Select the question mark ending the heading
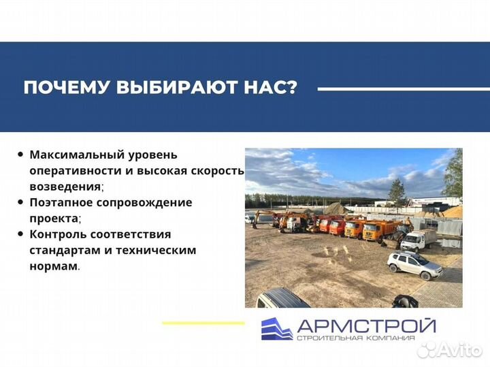point(291,89)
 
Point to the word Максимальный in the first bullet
point(75,155)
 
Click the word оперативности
point(70,171)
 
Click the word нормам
point(52,266)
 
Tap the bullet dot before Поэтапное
point(20,202)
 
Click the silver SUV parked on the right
point(414,265)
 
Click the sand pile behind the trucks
point(335,208)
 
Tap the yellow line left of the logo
point(202,322)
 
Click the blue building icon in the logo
point(276,329)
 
